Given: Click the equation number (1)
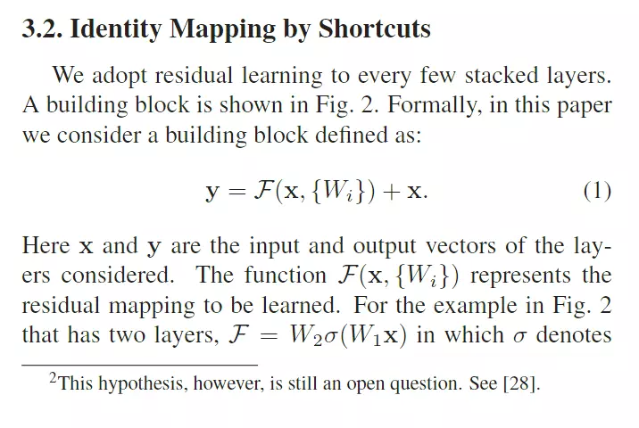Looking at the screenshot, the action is click(x=596, y=191).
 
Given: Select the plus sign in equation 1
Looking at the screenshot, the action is click(x=387, y=192).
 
